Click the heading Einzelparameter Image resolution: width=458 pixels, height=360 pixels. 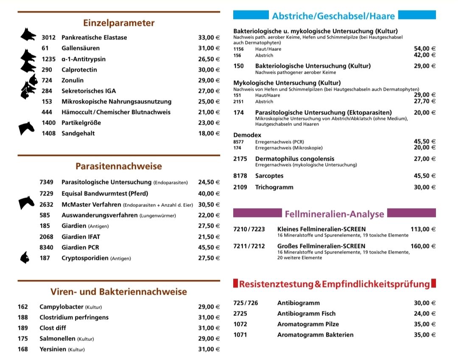(x=119, y=23)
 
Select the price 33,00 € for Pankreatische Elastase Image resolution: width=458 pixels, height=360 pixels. (x=209, y=38)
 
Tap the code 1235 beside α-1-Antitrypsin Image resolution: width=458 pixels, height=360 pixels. (x=48, y=59)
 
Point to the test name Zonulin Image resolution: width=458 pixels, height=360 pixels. (x=73, y=80)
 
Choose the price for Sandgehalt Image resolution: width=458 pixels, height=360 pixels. (x=209, y=134)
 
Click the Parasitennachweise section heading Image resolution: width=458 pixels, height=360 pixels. (x=119, y=166)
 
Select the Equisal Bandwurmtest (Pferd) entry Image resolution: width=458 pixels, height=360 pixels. (x=105, y=194)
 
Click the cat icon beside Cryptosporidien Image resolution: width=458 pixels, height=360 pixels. (x=25, y=257)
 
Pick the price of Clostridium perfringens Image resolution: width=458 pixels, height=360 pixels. (x=209, y=318)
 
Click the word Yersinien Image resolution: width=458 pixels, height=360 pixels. (x=53, y=349)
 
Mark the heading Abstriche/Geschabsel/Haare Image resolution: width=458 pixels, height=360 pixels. (x=333, y=16)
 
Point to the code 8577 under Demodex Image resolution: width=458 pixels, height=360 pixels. (x=238, y=142)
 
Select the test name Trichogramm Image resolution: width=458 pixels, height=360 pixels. (x=274, y=187)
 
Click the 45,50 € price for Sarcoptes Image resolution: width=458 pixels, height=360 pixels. (x=424, y=176)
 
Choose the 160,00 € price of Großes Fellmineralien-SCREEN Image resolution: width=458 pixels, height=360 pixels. (x=423, y=246)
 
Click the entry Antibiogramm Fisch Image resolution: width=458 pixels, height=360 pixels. (x=306, y=314)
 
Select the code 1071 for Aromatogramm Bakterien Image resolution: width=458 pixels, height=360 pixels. (x=240, y=335)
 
